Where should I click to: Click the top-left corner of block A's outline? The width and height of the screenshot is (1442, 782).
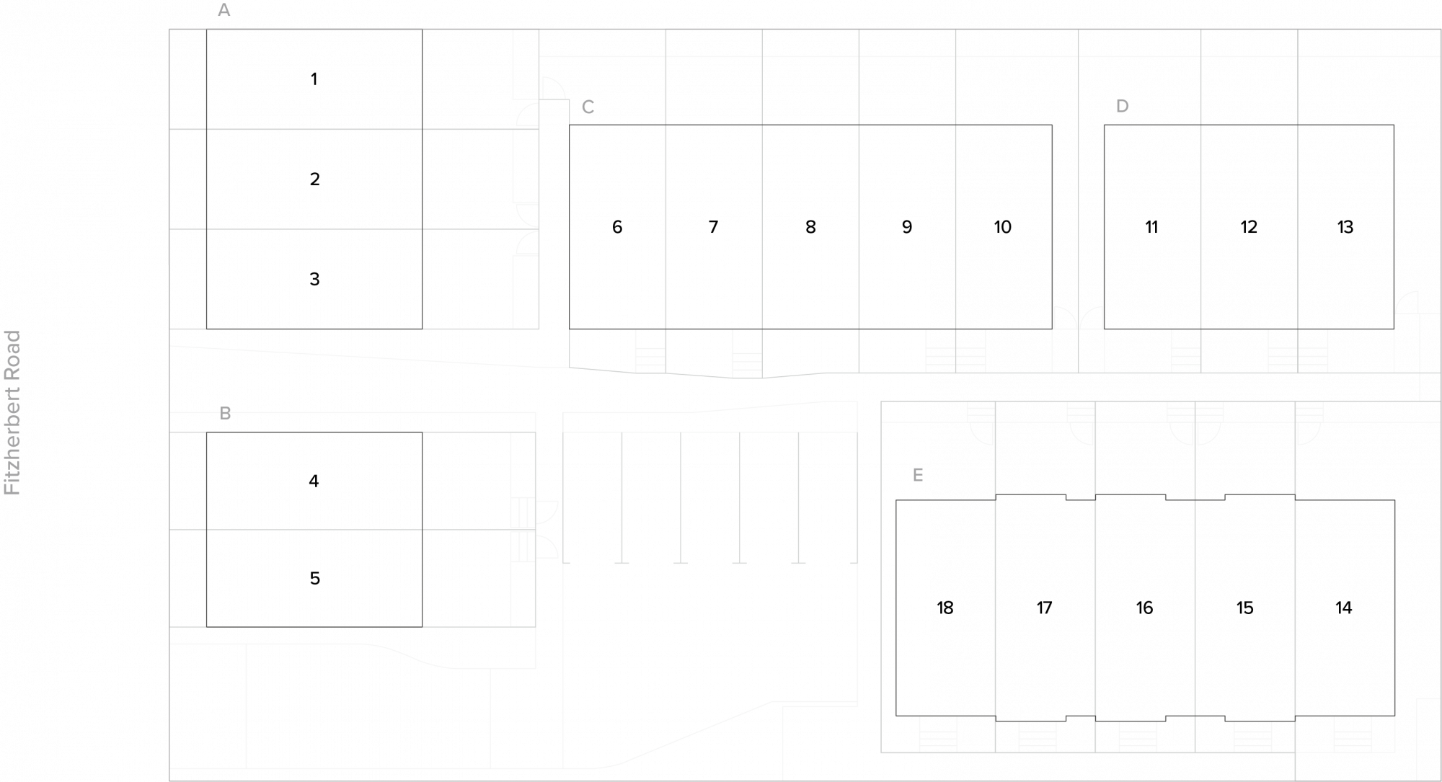pos(207,30)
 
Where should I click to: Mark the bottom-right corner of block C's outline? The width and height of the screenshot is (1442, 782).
pos(1052,329)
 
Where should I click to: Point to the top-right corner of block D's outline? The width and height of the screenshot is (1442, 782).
pos(1394,125)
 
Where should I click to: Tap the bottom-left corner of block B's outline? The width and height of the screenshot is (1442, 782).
pos(207,626)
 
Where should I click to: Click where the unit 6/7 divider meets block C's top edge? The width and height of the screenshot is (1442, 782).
pos(665,125)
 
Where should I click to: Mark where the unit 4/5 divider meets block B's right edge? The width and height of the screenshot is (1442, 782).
pos(422,530)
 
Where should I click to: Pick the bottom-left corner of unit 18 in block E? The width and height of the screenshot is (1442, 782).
pos(896,716)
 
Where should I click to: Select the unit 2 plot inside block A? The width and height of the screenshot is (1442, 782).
pos(314,179)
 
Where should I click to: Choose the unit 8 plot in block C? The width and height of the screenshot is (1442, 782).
pos(810,227)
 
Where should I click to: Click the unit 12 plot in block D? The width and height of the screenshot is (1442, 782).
pos(1249,227)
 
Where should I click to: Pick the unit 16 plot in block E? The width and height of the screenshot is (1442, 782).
pos(1145,608)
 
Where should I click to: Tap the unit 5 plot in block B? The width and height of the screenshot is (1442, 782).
pos(314,578)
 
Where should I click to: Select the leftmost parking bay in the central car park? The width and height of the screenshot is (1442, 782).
pos(593,497)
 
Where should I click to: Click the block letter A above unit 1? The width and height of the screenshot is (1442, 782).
pos(224,10)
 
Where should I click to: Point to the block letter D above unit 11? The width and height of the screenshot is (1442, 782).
pos(1122,106)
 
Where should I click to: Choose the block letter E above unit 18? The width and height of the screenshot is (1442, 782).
pos(918,475)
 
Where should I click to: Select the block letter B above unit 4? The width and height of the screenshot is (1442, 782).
pos(225,414)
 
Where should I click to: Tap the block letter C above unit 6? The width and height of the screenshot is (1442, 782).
pos(588,107)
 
